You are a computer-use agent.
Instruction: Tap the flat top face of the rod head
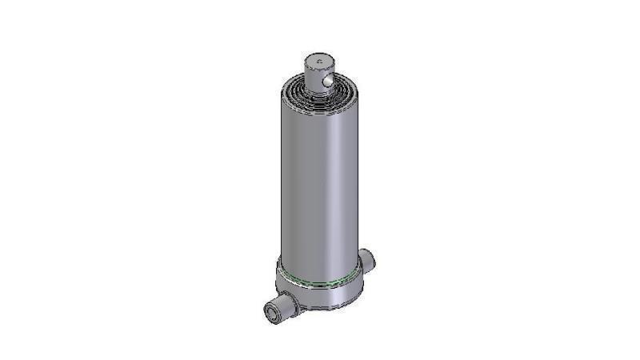click(320, 59)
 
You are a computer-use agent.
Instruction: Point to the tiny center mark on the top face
click(319, 59)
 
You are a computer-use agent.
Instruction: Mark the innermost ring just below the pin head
click(309, 84)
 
